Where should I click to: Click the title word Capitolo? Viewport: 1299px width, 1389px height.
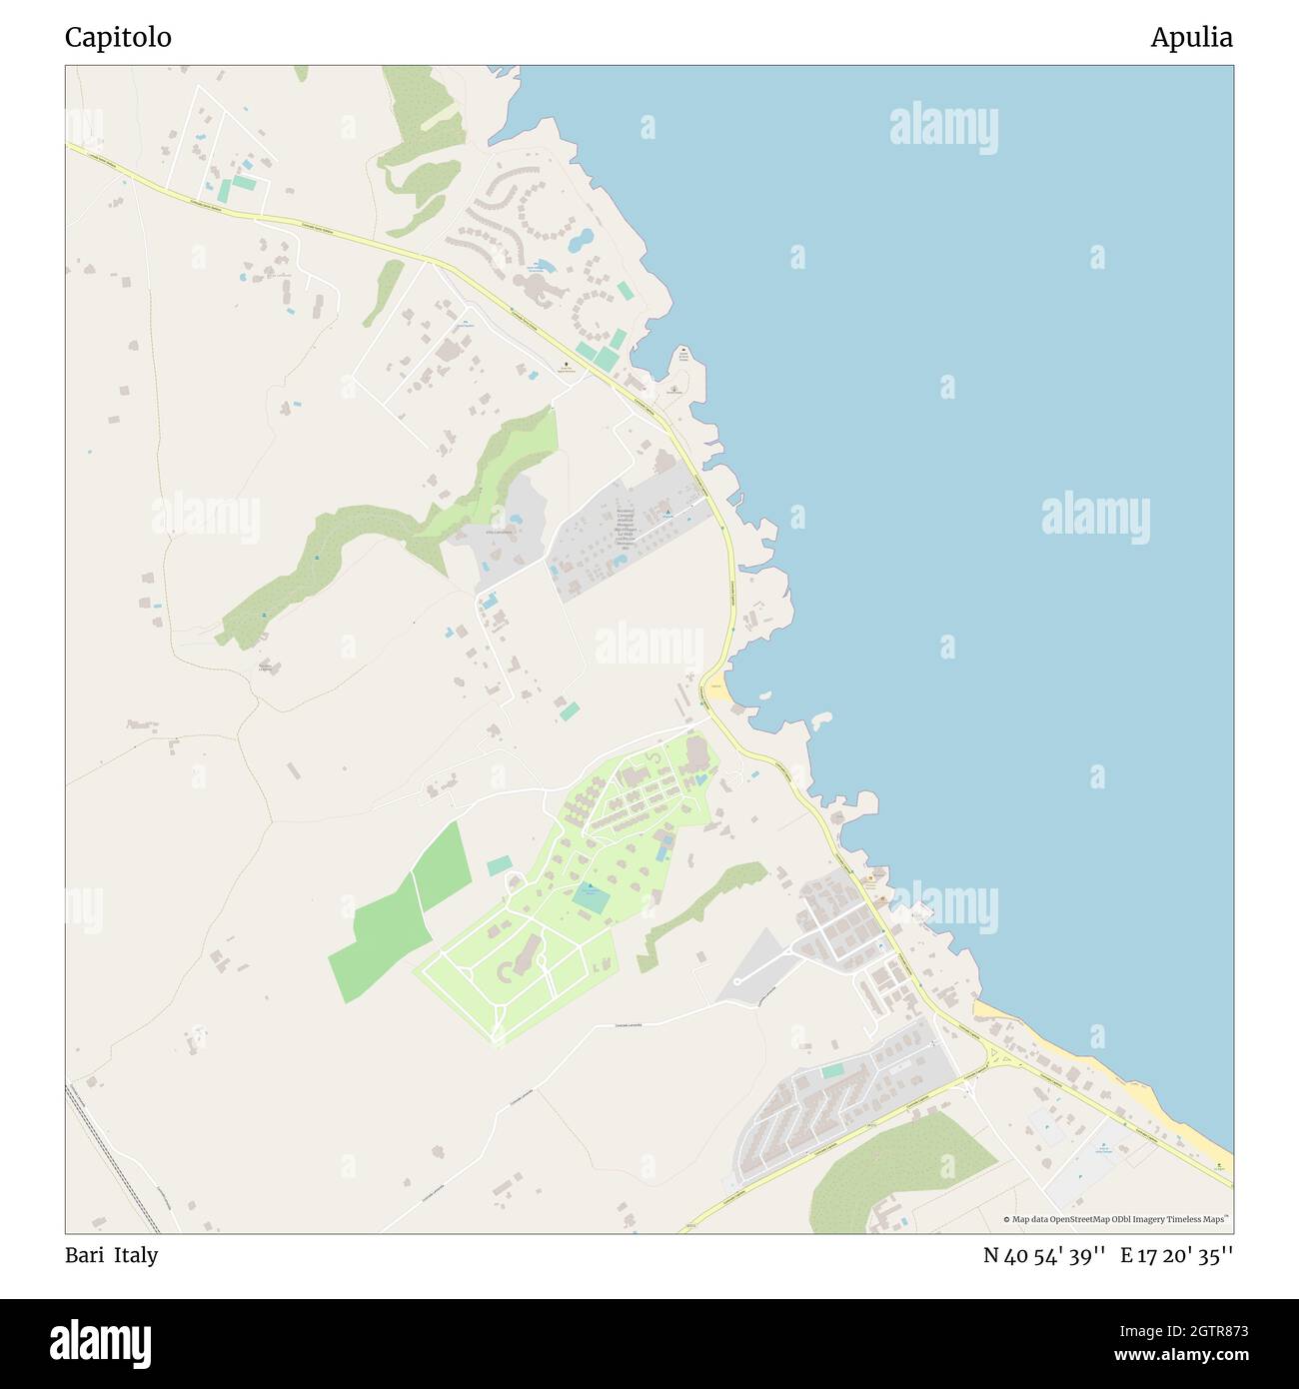click(118, 38)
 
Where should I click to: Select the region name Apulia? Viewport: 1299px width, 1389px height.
click(1191, 38)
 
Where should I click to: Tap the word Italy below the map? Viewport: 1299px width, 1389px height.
click(136, 1255)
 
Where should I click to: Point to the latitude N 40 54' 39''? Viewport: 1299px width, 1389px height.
click(1044, 1255)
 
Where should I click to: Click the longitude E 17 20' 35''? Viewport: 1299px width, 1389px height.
click(1176, 1255)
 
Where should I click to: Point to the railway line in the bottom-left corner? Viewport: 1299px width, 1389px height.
click(112, 1159)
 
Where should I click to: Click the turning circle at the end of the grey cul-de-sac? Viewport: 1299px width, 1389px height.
click(736, 981)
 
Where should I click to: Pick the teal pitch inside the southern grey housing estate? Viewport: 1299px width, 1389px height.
click(832, 1070)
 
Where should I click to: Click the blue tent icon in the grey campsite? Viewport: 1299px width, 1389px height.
click(667, 515)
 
